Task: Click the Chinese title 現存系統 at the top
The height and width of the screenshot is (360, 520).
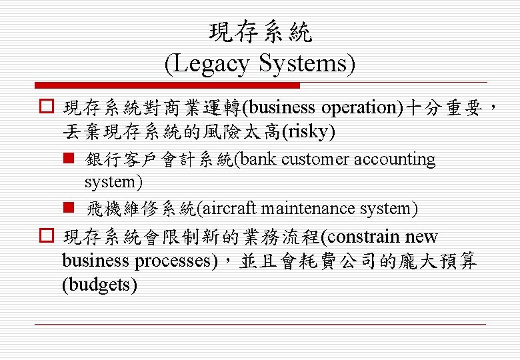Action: coord(260,31)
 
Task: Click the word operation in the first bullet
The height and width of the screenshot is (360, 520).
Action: coord(359,107)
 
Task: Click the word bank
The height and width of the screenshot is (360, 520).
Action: coord(259,159)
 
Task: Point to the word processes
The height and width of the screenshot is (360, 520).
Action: coord(175,261)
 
